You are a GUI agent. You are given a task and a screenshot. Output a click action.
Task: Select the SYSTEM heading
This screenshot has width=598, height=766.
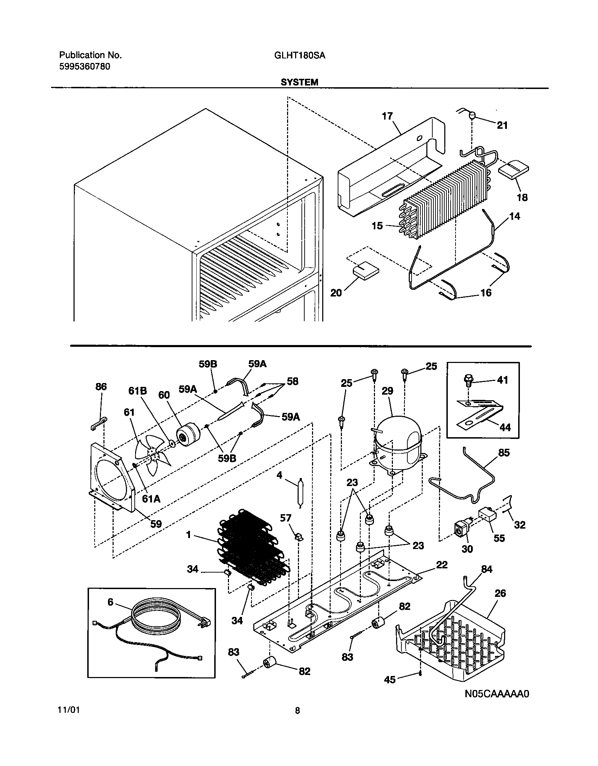(x=299, y=82)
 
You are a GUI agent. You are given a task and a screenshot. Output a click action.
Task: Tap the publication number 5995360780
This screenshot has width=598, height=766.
(x=84, y=66)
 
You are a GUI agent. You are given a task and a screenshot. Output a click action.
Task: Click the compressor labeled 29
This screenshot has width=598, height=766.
(x=398, y=442)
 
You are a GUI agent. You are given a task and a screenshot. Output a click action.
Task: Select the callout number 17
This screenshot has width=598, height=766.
(x=387, y=116)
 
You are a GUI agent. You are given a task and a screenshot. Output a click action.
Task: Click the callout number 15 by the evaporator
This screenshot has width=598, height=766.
(x=377, y=226)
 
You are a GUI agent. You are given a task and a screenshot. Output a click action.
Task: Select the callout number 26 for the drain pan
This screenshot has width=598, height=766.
(x=500, y=593)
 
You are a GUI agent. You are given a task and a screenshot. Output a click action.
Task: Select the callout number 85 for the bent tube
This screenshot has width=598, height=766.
(x=504, y=453)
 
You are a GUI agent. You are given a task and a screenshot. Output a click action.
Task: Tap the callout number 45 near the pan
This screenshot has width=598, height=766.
(x=390, y=680)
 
